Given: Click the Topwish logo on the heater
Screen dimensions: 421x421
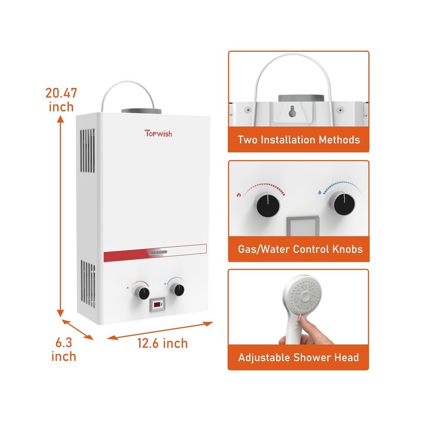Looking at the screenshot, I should click(158, 133).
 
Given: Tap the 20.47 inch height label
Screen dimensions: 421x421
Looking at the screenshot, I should click(61, 99).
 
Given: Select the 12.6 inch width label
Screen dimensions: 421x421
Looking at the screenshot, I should click(163, 343).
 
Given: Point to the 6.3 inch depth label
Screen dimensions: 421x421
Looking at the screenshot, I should click(64, 350).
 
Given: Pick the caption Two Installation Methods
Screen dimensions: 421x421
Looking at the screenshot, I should click(298, 139).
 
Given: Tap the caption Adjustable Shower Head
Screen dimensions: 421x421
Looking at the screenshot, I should click(298, 358).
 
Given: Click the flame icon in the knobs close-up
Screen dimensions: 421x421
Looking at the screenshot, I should click(240, 195).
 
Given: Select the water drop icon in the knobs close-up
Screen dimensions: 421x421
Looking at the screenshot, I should click(321, 192).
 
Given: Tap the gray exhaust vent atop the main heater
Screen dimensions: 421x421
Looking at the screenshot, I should click(141, 112).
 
